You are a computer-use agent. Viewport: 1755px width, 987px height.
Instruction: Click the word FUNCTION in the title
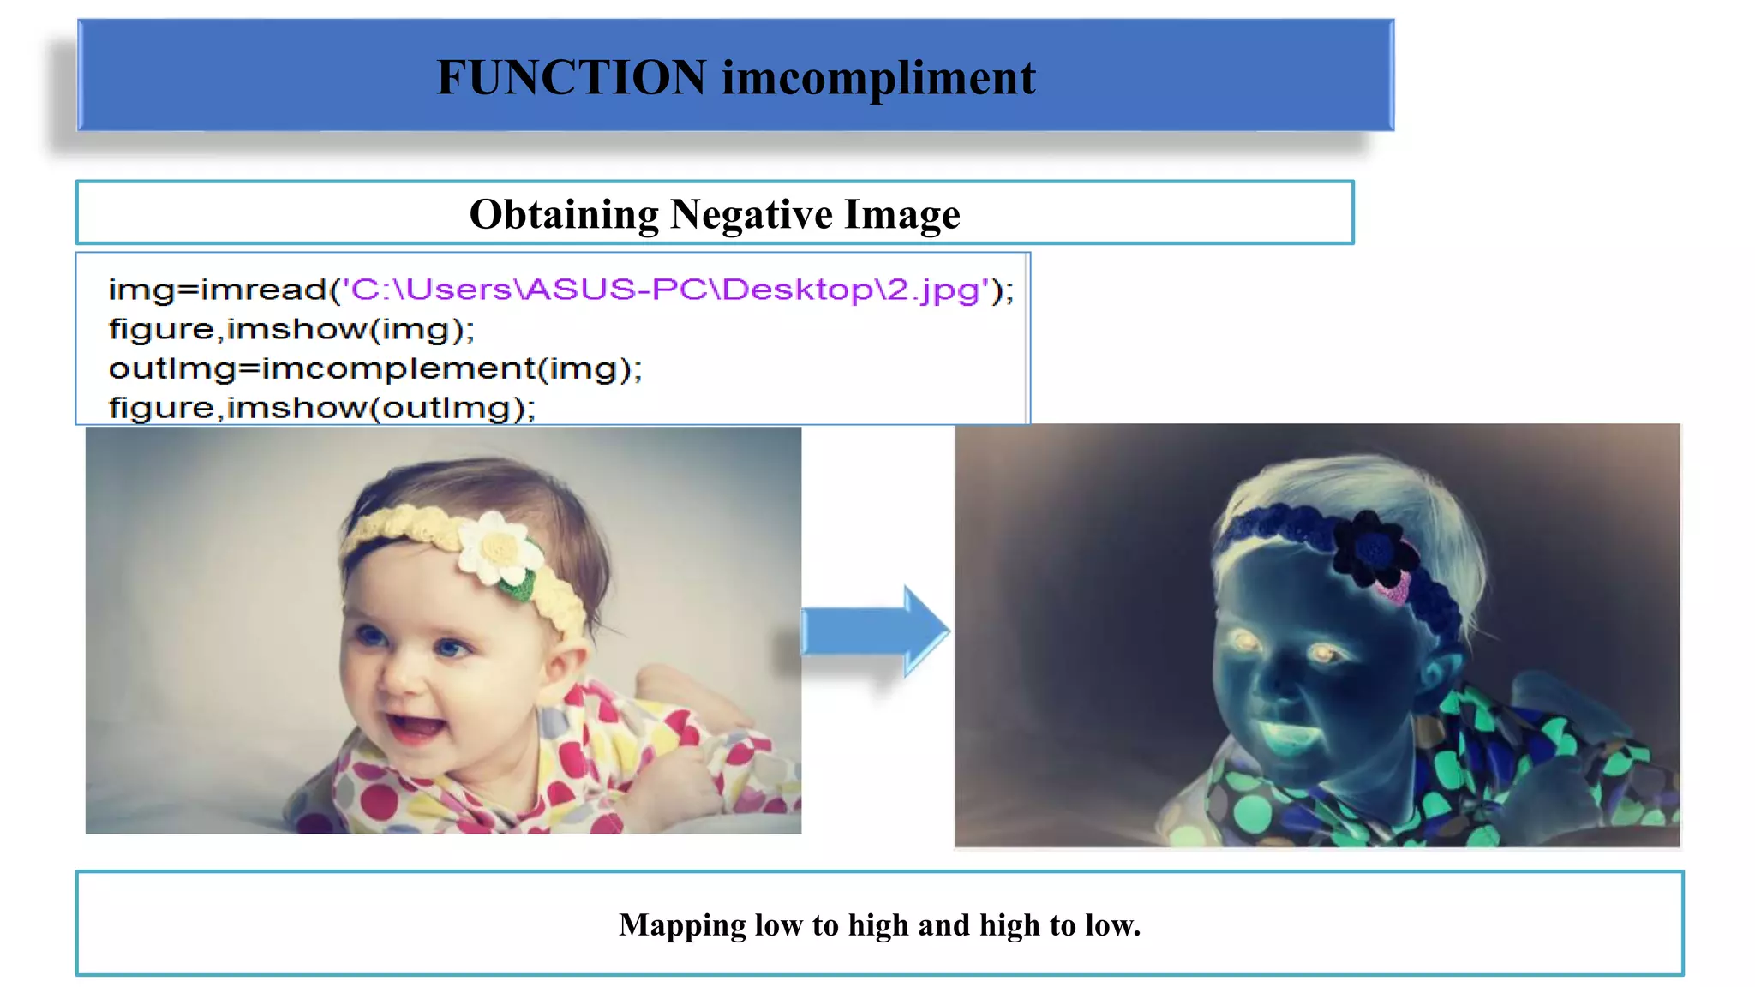click(571, 77)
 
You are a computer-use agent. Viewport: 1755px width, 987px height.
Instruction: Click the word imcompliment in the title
click(878, 77)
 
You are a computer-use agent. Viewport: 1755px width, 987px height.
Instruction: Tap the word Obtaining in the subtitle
click(564, 214)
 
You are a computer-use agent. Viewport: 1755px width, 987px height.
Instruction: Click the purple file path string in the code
click(665, 290)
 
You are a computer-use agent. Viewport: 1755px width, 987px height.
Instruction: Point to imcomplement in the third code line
click(398, 368)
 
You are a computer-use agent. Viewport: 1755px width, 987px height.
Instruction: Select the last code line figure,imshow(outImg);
click(321, 408)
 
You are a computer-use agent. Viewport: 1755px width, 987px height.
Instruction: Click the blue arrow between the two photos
click(874, 631)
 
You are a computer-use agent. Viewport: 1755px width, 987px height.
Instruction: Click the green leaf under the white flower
click(517, 586)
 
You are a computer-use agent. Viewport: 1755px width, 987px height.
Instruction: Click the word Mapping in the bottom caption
click(682, 925)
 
